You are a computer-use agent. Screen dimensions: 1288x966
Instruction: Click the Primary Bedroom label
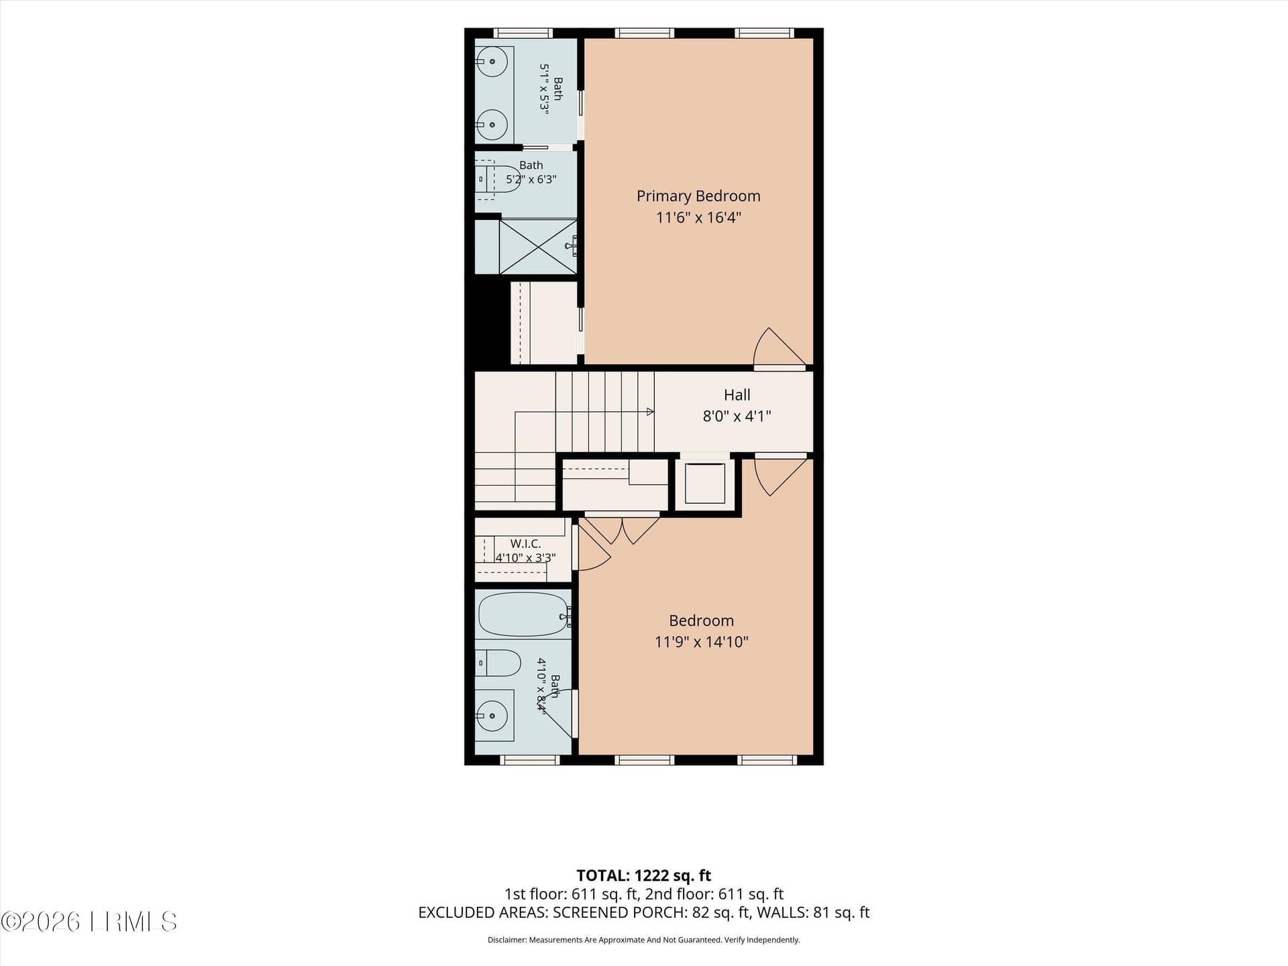pyautogui.click(x=698, y=196)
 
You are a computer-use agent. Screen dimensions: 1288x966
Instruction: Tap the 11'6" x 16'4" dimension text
pyautogui.click(x=698, y=217)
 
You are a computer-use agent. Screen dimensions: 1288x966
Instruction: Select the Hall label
pyautogui.click(x=737, y=395)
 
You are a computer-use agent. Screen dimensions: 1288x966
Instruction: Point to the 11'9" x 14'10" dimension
pyautogui.click(x=701, y=642)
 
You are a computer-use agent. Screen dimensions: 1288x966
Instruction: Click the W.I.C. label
pyautogui.click(x=525, y=543)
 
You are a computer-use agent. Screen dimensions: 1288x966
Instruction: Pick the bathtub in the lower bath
pyautogui.click(x=524, y=614)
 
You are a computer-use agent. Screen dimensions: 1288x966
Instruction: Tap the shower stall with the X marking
pyautogui.click(x=538, y=246)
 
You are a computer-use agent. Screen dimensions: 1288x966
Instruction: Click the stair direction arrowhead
pyautogui.click(x=650, y=412)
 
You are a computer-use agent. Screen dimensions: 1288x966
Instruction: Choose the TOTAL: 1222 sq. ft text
pyautogui.click(x=643, y=875)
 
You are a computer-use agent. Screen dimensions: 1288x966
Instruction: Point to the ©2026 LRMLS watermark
pyautogui.click(x=89, y=922)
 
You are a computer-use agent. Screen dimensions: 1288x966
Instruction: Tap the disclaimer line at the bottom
pyautogui.click(x=643, y=940)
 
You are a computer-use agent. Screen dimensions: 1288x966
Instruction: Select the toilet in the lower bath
pyautogui.click(x=498, y=663)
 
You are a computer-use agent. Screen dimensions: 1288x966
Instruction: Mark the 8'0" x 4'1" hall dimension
pyautogui.click(x=737, y=416)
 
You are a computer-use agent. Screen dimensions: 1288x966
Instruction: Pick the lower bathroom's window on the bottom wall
pyautogui.click(x=530, y=760)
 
